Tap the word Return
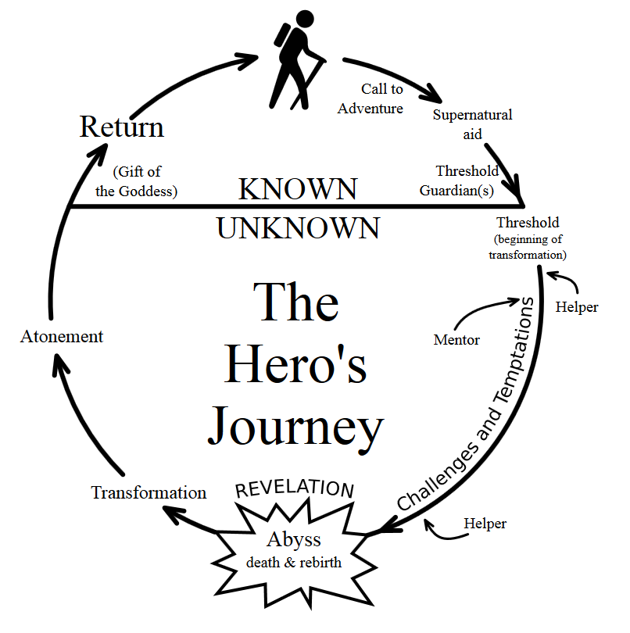click(x=122, y=127)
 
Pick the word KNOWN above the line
click(x=298, y=189)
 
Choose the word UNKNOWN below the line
click(x=298, y=228)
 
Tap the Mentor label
click(x=456, y=340)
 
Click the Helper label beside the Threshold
click(x=577, y=307)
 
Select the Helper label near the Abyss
click(x=485, y=524)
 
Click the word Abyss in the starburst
click(x=294, y=540)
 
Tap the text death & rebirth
click(x=294, y=563)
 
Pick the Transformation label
click(x=149, y=492)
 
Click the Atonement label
click(x=61, y=337)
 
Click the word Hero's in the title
click(x=295, y=365)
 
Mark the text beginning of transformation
click(x=528, y=247)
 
